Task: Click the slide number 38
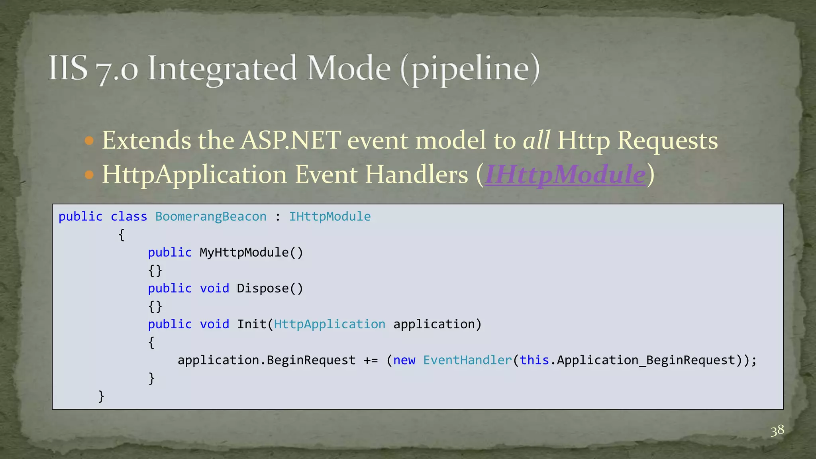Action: [777, 431]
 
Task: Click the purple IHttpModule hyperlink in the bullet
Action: [565, 175]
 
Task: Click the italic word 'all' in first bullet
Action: [536, 140]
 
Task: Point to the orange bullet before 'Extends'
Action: [89, 141]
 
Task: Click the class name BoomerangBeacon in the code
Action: [210, 216]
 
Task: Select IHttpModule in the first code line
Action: [330, 216]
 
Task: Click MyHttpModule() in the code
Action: [251, 252]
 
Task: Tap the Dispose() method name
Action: [270, 288]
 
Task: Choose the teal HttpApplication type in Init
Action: [330, 324]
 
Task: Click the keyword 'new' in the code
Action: [404, 360]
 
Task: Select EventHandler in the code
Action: [467, 360]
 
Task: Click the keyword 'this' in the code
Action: [534, 360]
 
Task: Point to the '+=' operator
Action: [371, 360]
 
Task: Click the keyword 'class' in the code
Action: [129, 216]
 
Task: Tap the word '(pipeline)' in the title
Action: [470, 69]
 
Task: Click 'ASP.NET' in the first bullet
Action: [291, 140]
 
